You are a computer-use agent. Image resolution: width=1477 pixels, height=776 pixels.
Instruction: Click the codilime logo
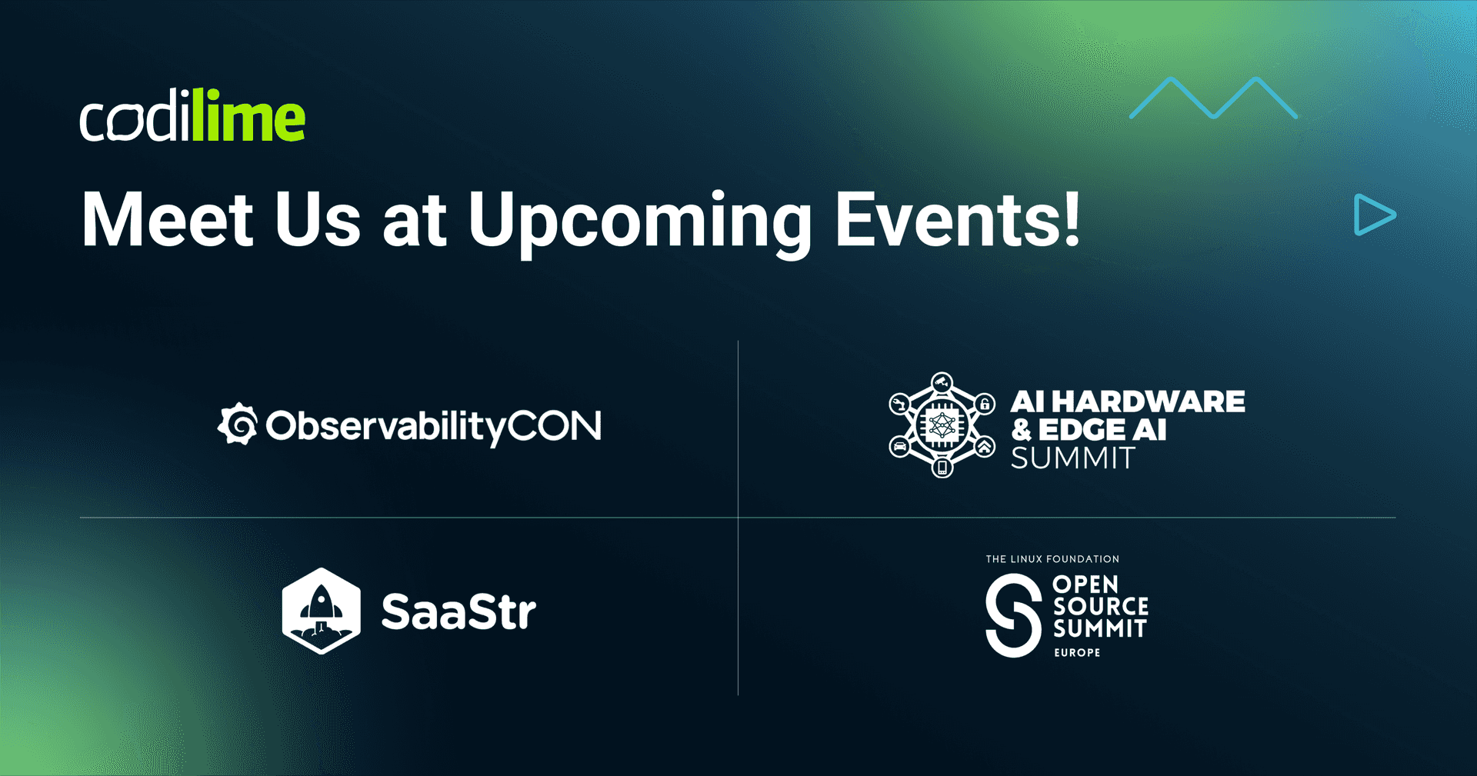pyautogui.click(x=192, y=116)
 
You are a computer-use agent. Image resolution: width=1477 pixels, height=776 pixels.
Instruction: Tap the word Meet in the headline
pyautogui.click(x=168, y=220)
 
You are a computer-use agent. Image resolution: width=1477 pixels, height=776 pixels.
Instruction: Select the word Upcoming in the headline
pyautogui.click(x=640, y=223)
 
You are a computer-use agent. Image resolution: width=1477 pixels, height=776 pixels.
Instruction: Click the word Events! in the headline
pyautogui.click(x=958, y=219)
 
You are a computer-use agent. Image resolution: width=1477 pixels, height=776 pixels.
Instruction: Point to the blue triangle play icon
pyautogui.click(x=1375, y=215)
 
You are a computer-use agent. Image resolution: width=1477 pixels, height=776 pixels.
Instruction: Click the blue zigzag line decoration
pyautogui.click(x=1213, y=98)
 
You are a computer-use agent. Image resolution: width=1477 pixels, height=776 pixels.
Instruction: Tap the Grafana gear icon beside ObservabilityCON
pyautogui.click(x=238, y=425)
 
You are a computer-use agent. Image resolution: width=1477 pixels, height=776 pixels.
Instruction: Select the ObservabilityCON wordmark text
pyautogui.click(x=433, y=427)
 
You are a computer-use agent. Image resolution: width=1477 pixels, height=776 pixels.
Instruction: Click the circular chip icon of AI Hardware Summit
pyautogui.click(x=942, y=425)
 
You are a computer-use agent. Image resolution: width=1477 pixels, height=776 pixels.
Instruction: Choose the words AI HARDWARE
pyautogui.click(x=1128, y=401)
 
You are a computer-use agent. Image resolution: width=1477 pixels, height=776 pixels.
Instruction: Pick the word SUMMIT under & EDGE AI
pyautogui.click(x=1072, y=458)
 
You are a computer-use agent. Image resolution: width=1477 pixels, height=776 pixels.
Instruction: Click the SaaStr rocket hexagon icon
pyautogui.click(x=322, y=611)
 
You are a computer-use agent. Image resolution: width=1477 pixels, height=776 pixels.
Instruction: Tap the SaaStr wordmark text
pyautogui.click(x=458, y=611)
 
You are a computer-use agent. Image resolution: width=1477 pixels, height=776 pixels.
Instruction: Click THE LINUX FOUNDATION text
pyautogui.click(x=1052, y=559)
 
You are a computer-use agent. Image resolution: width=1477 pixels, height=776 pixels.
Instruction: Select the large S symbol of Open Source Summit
pyautogui.click(x=1014, y=616)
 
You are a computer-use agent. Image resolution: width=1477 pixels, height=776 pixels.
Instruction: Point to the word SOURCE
pyautogui.click(x=1101, y=607)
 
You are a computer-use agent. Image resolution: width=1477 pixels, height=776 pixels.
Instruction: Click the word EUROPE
pyautogui.click(x=1077, y=653)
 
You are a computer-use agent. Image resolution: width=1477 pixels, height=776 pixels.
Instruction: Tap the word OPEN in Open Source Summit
pyautogui.click(x=1085, y=584)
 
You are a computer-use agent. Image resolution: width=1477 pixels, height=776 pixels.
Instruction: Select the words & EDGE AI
pyautogui.click(x=1089, y=430)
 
